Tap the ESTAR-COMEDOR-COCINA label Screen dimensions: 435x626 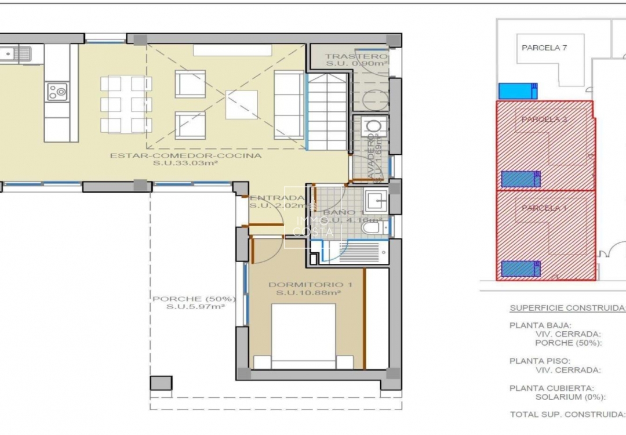coord(185,155)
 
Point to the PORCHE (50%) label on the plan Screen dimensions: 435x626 coord(194,299)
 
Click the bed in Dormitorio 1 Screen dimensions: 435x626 coord(303,336)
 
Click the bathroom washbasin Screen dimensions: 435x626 coord(376,201)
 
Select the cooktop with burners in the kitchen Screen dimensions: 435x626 coord(57,91)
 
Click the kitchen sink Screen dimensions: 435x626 coord(16,55)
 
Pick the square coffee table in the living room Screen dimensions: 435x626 coord(241,104)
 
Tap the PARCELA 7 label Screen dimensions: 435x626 coord(544,48)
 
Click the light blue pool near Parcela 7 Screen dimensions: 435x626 coord(518,91)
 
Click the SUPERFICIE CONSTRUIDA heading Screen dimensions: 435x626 coord(567,308)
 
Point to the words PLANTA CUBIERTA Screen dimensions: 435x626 coord(543,388)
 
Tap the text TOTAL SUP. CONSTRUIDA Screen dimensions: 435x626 coord(567,414)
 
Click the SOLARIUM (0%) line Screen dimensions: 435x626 coord(570,397)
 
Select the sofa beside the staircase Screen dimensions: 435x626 coord(289,104)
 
